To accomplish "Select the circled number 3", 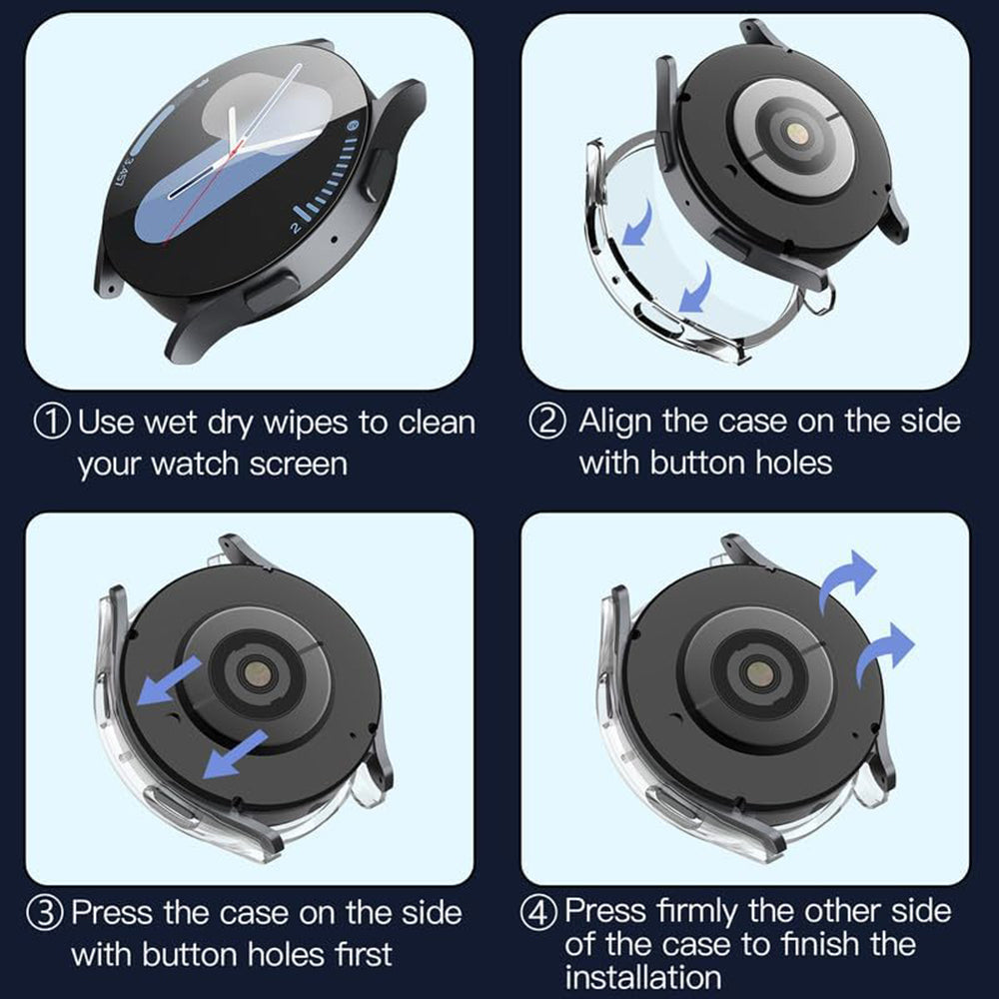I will pos(53,913).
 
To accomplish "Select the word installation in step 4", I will pos(642,976).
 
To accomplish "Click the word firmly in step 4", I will pos(702,911).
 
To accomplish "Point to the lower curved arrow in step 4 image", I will pos(884,650).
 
